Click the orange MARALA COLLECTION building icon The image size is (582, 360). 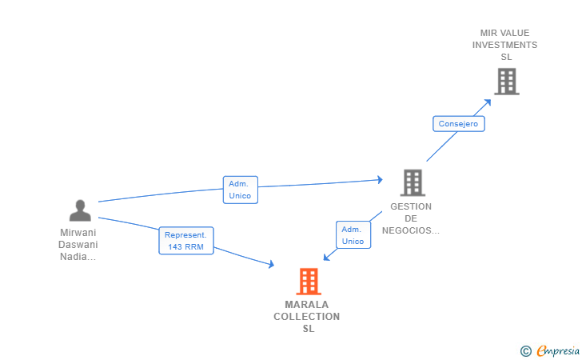[x=309, y=282]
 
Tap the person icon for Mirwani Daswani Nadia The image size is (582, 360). [x=80, y=210]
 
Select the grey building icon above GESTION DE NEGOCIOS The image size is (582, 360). [x=413, y=182]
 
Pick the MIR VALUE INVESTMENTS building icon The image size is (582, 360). [x=507, y=82]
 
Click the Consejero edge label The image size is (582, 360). [x=458, y=124]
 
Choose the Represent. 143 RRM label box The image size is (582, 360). [x=186, y=241]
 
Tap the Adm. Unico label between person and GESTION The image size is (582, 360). [x=240, y=190]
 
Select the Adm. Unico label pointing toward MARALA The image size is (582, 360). [x=353, y=234]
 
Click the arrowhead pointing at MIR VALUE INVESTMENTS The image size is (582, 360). [x=488, y=102]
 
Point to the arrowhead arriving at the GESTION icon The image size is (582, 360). [x=380, y=180]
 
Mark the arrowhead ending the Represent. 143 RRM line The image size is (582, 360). [x=271, y=264]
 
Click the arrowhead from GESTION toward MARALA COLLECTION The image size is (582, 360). [x=327, y=257]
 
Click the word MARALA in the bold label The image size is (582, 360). [x=307, y=305]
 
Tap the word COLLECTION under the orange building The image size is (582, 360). [x=307, y=317]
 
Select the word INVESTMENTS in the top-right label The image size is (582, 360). [x=504, y=45]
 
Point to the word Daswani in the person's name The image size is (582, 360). [x=78, y=245]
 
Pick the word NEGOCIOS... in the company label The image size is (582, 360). [x=411, y=230]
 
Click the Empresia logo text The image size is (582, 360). [x=558, y=350]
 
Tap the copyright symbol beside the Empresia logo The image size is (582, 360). [x=526, y=351]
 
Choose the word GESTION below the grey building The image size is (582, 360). [x=411, y=206]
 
